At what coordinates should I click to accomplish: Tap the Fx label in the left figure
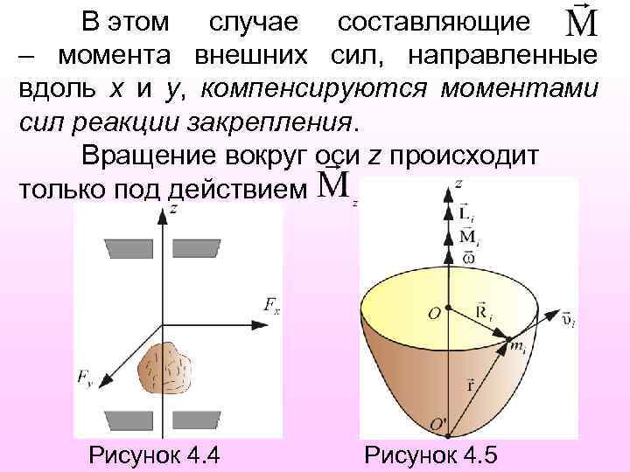pyautogui.click(x=272, y=304)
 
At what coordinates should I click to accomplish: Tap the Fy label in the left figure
pyautogui.click(x=85, y=378)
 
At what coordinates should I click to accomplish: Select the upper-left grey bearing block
pyautogui.click(x=128, y=249)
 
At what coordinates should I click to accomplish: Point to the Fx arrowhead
pyautogui.click(x=260, y=324)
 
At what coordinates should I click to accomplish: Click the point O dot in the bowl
pyautogui.click(x=448, y=308)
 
